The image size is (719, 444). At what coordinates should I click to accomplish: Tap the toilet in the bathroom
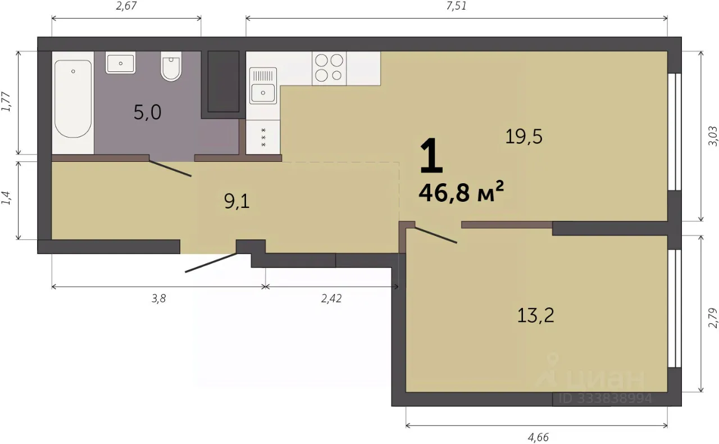pos(171,66)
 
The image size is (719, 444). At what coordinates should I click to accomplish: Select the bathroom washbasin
pos(120,62)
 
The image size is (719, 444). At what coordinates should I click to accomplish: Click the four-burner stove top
pos(329,68)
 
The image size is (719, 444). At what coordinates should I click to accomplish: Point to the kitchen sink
pos(263,86)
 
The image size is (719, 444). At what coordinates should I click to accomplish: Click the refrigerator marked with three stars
pos(263,137)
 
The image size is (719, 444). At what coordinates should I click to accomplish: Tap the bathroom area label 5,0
pos(147,112)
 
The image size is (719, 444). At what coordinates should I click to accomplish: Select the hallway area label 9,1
pos(237,202)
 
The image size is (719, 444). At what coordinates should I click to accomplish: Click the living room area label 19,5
pos(524,136)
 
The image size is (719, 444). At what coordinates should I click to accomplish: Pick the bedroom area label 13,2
pos(536,315)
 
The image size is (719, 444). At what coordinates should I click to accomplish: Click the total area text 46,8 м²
pos(461,192)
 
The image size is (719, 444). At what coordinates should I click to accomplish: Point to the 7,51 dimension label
pos(457,6)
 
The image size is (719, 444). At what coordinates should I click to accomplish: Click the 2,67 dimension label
pos(126,6)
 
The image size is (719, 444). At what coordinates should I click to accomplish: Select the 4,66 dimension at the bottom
pos(538,437)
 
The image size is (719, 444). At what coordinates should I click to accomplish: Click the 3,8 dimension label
pos(158,299)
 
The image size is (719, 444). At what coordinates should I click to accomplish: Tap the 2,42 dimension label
pos(331,299)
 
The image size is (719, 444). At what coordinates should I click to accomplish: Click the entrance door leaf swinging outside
pos(211,263)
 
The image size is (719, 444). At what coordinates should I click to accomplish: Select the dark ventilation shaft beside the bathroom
pos(224,81)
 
